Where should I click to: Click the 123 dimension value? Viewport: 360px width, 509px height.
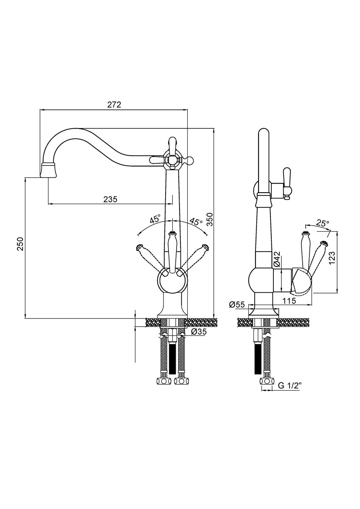pos(332,257)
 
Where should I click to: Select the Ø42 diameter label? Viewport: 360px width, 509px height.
pos(276,259)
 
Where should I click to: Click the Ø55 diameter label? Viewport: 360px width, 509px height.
pos(236,305)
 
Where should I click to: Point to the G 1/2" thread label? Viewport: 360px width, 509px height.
pos(290,386)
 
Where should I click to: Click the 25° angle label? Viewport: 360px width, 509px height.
pos(323,223)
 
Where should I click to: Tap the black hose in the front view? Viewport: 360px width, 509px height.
pos(172,358)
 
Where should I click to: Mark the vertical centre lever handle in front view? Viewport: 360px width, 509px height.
pos(173,252)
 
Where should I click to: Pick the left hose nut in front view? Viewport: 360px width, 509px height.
pos(163,380)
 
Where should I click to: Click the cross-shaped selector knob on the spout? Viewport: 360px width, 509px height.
pos(172,160)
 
